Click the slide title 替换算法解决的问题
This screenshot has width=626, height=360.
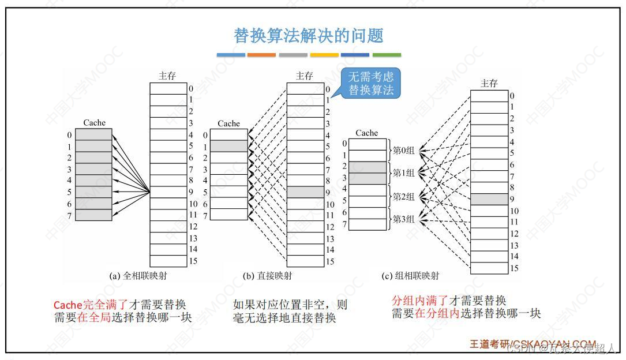pyautogui.click(x=309, y=36)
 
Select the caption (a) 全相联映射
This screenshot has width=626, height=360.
pyautogui.click(x=138, y=276)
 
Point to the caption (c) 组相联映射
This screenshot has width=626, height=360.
pyautogui.click(x=410, y=276)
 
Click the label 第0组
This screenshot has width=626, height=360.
pyautogui.click(x=404, y=151)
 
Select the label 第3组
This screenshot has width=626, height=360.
pyautogui.click(x=404, y=219)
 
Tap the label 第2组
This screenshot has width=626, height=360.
pyautogui.click(x=404, y=197)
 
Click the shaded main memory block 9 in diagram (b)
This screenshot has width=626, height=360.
pyautogui.click(x=305, y=192)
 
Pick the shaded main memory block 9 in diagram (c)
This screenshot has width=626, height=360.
pyautogui.click(x=489, y=200)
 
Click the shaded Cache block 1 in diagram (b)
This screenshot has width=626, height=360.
pyautogui.click(x=228, y=146)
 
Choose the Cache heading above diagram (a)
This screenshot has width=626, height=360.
pyautogui.click(x=95, y=122)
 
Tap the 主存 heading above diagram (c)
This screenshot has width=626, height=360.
pyautogui.click(x=489, y=83)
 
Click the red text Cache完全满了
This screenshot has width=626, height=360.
pyautogui.click(x=90, y=305)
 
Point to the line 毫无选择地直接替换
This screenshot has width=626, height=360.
pyautogui.click(x=284, y=317)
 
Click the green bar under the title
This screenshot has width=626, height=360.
pyautogui.click(x=387, y=55)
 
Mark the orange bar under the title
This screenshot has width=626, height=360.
pyautogui.click(x=261, y=55)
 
